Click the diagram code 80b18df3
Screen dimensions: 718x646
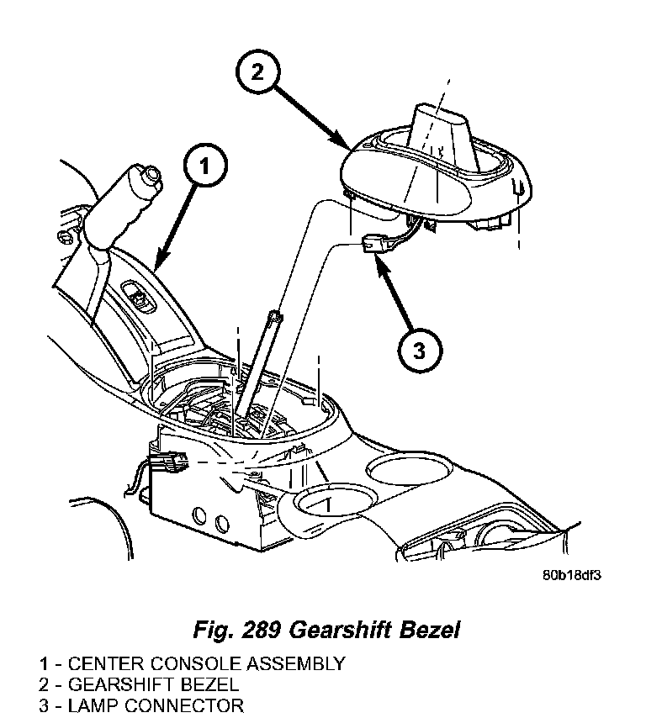(x=572, y=576)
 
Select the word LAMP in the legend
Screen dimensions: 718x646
(x=93, y=705)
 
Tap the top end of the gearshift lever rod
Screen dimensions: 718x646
(x=274, y=317)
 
